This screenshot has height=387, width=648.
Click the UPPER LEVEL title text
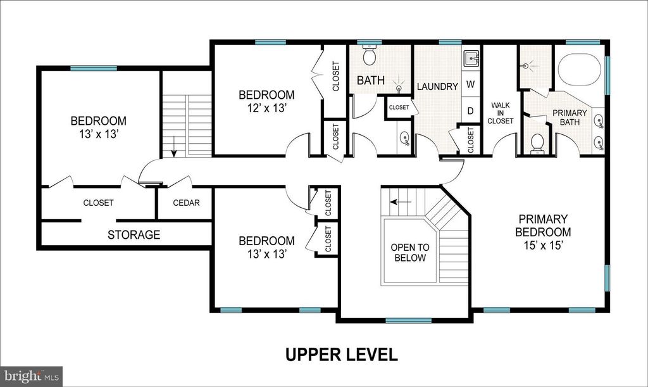[x=341, y=354]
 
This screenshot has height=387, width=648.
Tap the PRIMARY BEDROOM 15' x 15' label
[x=543, y=232]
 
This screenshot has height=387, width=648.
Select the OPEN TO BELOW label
[x=409, y=252]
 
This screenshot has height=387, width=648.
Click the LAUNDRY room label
[x=437, y=86]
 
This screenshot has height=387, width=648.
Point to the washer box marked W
[x=471, y=84]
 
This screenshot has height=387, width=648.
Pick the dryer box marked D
[x=471, y=111]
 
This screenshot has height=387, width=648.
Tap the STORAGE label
[x=134, y=235]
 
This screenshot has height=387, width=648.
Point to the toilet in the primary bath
[x=537, y=143]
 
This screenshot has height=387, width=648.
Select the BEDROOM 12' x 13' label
[x=266, y=101]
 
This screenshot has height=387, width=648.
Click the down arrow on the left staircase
[x=174, y=148]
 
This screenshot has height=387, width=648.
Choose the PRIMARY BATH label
[x=570, y=118]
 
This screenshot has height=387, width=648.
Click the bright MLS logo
[x=31, y=376]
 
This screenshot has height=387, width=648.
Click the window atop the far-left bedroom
[x=89, y=68]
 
